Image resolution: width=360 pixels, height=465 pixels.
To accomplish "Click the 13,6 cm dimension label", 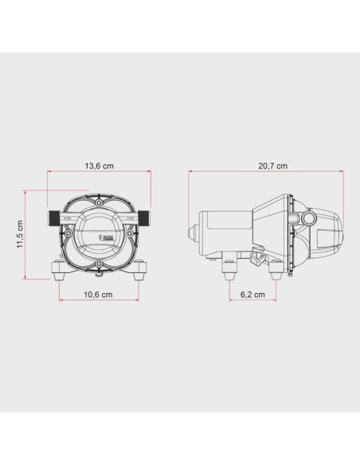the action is pos(99,166).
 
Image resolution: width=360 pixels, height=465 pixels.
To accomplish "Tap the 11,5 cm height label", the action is pos(20,234).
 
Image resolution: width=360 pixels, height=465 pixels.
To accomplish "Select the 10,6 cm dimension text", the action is pos(98,295).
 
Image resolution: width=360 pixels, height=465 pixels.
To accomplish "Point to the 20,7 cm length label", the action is pos(273,166).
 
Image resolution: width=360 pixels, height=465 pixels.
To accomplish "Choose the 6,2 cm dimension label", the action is pos(252,295).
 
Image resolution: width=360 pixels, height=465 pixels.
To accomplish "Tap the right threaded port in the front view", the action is pos(144,217).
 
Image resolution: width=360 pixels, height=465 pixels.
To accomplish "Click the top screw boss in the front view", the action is pos(99,202).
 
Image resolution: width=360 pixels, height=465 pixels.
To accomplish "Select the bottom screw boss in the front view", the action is pos(99,264).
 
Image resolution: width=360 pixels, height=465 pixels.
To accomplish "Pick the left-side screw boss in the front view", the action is pos(68,233).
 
